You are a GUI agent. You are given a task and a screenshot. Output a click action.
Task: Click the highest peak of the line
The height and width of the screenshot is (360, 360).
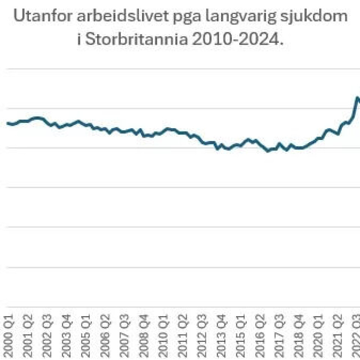click(x=357, y=98)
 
